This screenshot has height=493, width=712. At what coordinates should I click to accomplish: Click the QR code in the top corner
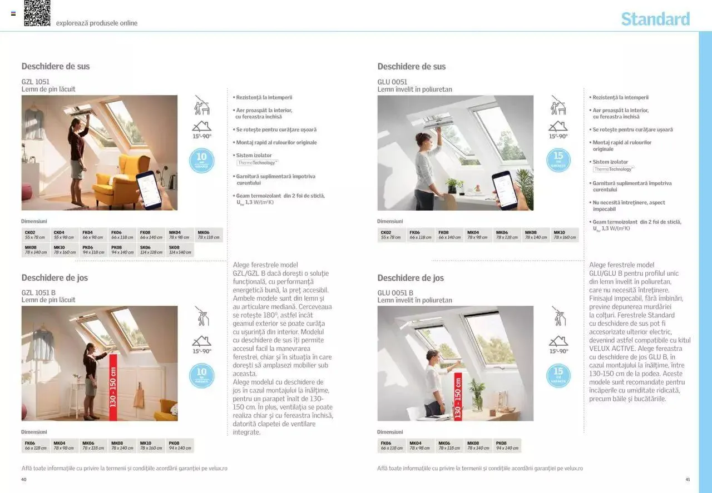click(x=37, y=13)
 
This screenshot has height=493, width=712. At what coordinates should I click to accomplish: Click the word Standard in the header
click(x=655, y=19)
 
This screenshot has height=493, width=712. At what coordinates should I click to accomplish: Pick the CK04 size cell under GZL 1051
click(x=64, y=235)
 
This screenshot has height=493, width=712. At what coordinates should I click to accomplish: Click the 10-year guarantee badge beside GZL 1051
click(x=201, y=160)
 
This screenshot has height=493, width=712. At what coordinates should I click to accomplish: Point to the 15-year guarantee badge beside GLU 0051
click(x=558, y=160)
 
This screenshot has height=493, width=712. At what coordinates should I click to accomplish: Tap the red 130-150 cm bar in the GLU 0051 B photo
click(x=458, y=396)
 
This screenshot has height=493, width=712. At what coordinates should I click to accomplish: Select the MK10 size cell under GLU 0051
click(x=565, y=235)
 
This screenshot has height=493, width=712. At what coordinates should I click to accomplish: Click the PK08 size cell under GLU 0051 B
click(x=507, y=446)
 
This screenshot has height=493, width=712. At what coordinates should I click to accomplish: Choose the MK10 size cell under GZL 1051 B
click(x=151, y=446)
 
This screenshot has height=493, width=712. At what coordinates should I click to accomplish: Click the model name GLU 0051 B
click(x=395, y=293)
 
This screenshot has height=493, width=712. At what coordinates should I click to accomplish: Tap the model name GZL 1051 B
click(x=38, y=292)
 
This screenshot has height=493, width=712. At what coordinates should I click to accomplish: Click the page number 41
click(x=688, y=480)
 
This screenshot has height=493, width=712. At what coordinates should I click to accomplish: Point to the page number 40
click(x=24, y=480)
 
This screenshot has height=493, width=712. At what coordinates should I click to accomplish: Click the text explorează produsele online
click(x=96, y=23)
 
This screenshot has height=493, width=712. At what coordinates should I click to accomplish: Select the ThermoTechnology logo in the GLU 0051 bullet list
click(x=612, y=169)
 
